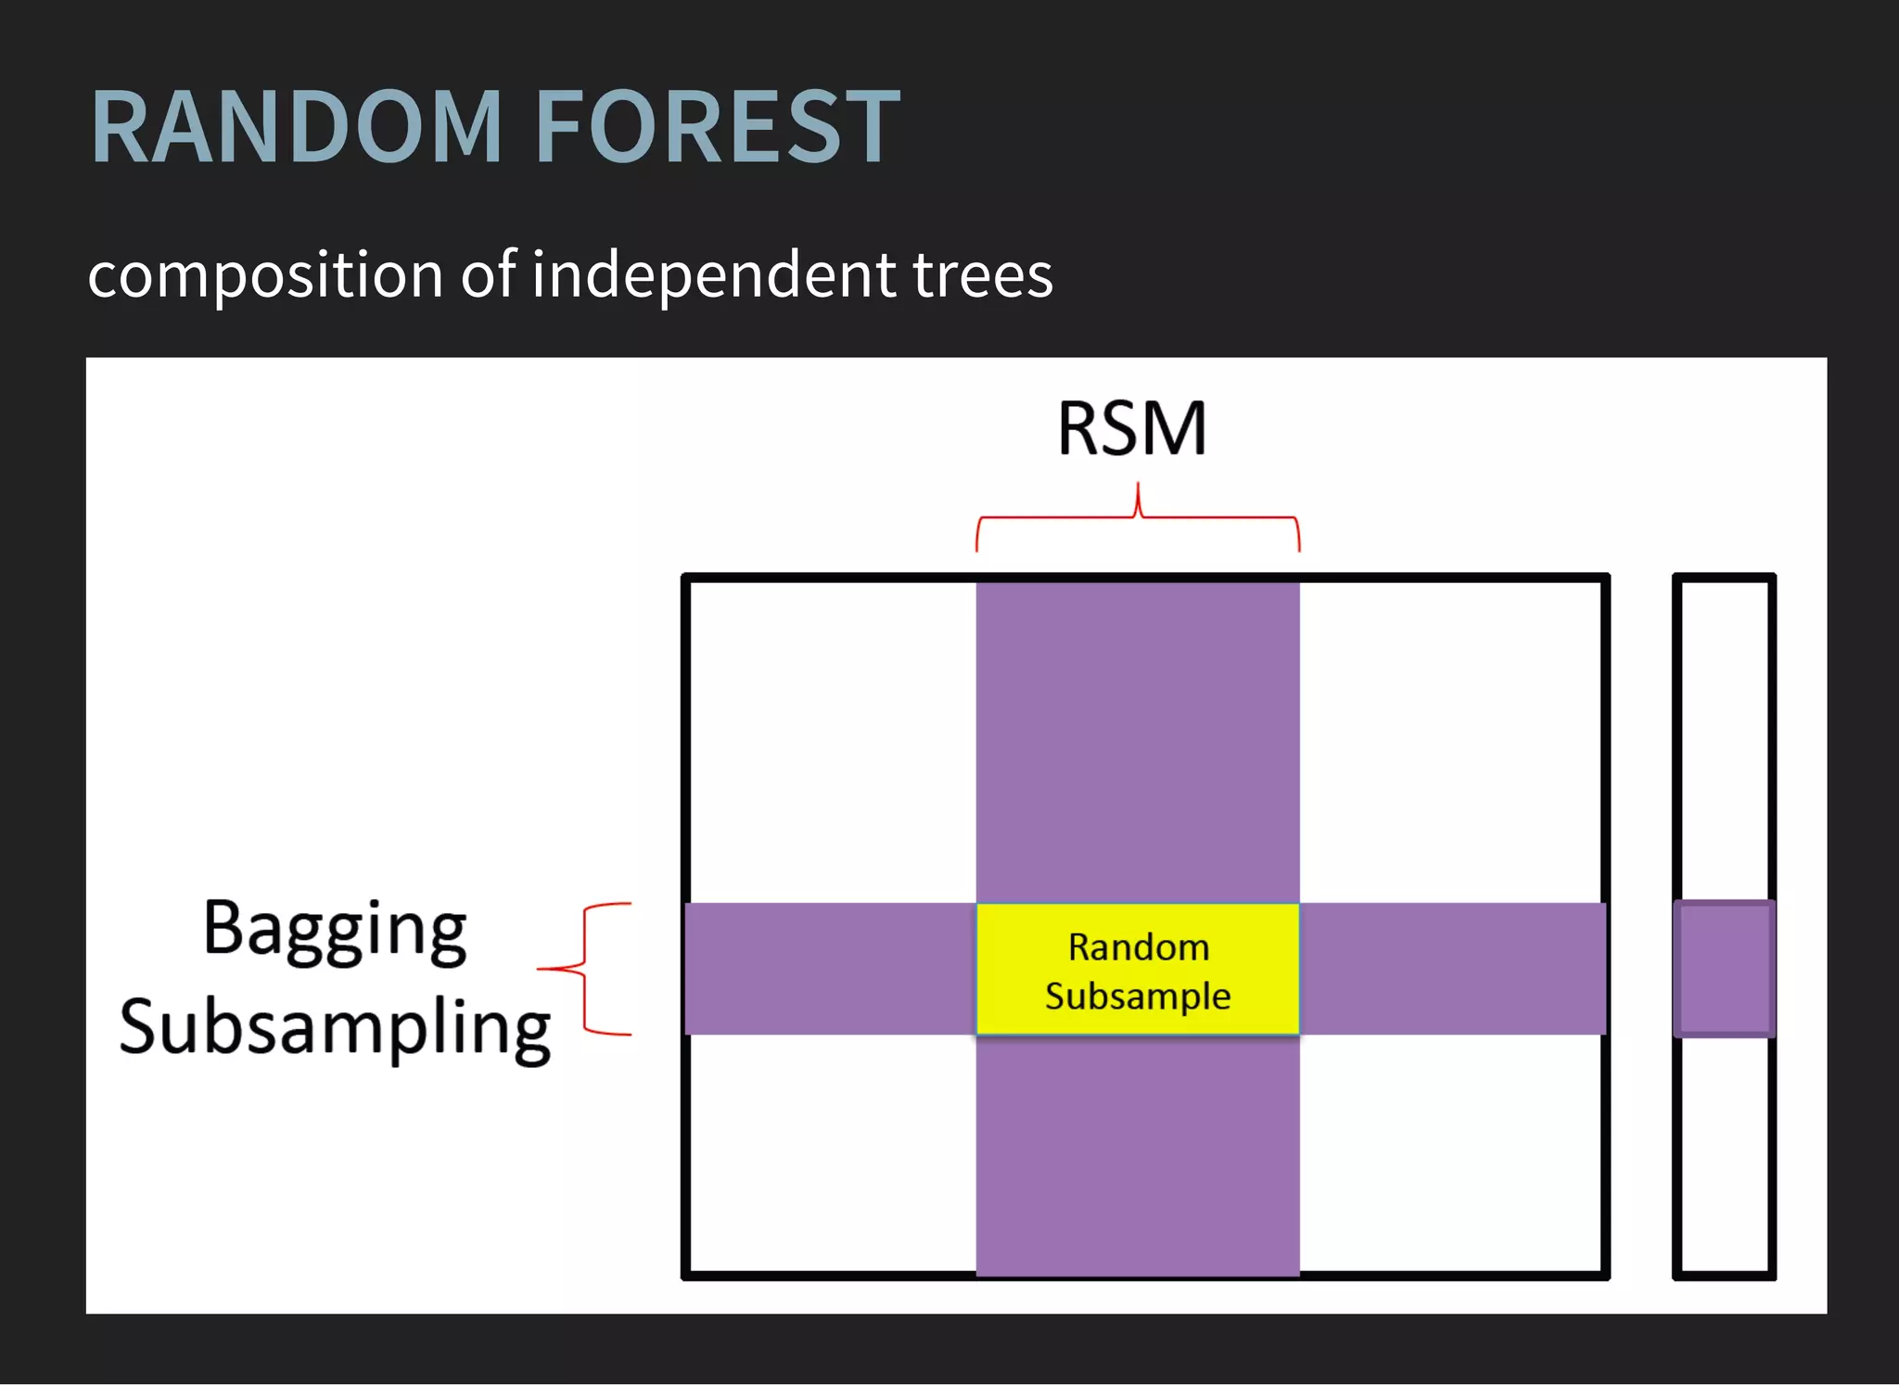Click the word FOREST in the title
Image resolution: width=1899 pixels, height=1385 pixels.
pos(718,127)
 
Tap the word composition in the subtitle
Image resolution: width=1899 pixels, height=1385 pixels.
pos(265,276)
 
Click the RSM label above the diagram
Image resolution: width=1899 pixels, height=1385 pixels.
pos(1132,428)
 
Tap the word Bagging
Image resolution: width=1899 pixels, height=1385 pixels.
pos(335,929)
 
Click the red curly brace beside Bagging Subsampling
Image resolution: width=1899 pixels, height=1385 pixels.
pos(584,969)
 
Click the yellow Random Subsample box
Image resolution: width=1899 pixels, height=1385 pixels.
pos(1138,1020)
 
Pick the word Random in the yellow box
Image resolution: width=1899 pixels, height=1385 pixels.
pos(1138,947)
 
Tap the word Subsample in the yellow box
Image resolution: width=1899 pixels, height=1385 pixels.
pos(1138,997)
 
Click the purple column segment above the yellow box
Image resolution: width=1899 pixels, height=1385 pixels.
pos(1138,742)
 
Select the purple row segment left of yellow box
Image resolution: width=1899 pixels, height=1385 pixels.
pos(830,969)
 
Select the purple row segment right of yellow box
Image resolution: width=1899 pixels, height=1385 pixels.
pos(1451,969)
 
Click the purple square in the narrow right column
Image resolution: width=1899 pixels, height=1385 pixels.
pos(1725,969)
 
